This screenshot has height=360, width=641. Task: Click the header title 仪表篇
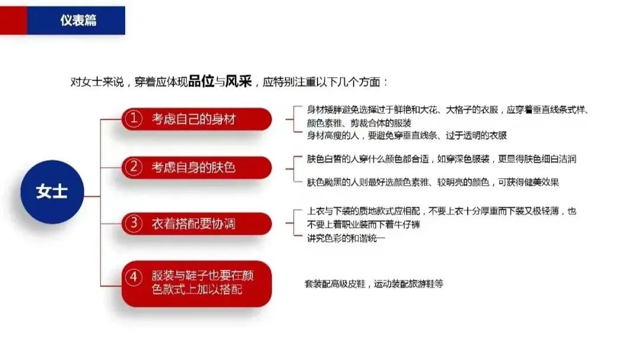[x=78, y=20]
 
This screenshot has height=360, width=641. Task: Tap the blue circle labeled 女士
[x=52, y=192]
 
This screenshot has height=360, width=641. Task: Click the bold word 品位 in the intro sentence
[x=201, y=81]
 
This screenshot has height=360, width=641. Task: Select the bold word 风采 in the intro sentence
[x=239, y=81]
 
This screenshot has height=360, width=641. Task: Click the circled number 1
[x=134, y=119]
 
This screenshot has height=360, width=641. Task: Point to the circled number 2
[x=134, y=167]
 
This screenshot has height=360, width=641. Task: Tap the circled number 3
[x=134, y=223]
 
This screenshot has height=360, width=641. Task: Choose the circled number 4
[x=134, y=276]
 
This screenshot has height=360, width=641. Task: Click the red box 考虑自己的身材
[x=196, y=119]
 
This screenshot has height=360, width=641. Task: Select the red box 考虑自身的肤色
[x=196, y=167]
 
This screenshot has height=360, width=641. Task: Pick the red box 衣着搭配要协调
[x=196, y=224]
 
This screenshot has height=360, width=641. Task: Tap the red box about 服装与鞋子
[x=196, y=283]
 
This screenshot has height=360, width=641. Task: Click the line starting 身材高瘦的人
[x=407, y=135]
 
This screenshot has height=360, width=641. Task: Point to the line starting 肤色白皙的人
[x=442, y=159]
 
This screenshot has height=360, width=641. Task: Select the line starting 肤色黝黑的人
[x=433, y=182]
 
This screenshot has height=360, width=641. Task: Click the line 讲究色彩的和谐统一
[x=346, y=238]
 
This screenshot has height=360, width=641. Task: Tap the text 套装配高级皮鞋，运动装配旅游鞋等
[x=374, y=283]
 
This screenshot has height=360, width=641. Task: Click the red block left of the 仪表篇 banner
[x=14, y=20]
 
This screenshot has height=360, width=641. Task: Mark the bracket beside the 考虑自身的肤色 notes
[x=294, y=168]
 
